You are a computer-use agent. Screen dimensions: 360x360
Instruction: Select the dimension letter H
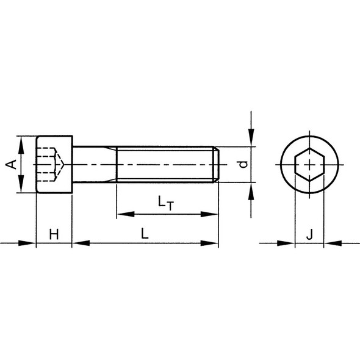(54, 233)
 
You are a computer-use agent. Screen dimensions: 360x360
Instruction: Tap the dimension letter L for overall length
(145, 233)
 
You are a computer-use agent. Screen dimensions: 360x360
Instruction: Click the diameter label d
(243, 165)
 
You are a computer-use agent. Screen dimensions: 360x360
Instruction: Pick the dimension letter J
(310, 233)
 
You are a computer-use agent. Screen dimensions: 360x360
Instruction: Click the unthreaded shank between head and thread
(95, 165)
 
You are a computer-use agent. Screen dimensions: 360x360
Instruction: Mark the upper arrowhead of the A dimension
(21, 142)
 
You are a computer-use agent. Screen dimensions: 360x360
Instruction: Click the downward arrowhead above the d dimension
(251, 140)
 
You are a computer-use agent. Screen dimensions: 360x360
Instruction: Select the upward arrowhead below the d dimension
(251, 189)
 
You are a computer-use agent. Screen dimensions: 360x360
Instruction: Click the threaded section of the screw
(165, 165)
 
